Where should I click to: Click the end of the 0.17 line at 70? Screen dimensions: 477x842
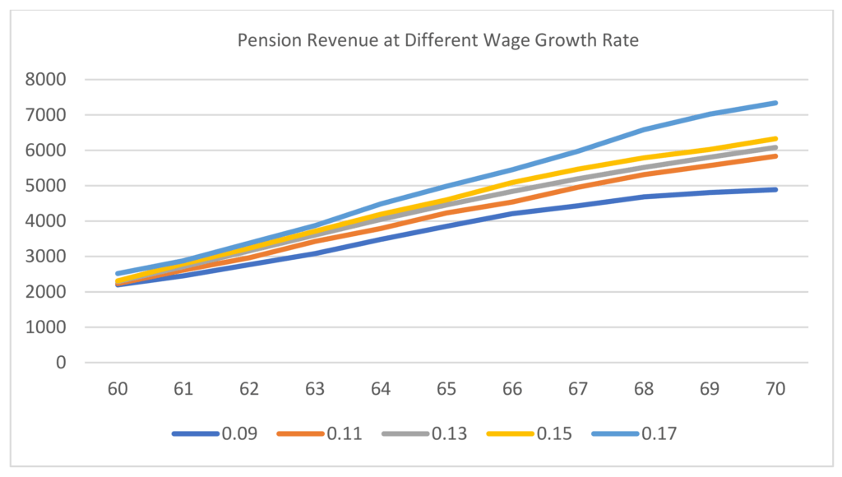click(775, 103)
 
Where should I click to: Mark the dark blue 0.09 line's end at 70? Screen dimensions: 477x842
click(775, 189)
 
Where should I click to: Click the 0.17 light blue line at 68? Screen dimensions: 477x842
click(645, 129)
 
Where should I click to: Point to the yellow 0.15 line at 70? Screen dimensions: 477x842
click(775, 139)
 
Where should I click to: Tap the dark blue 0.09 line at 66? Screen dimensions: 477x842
click(513, 214)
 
